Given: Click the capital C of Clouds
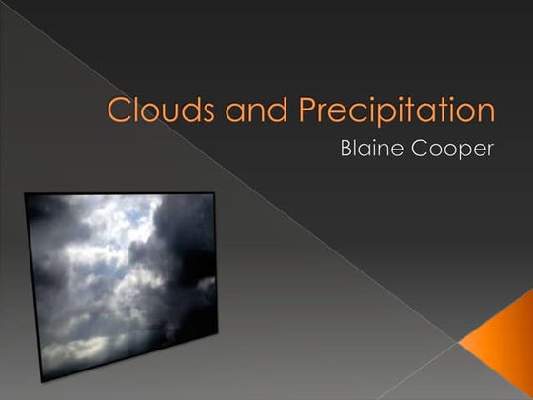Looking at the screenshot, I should pyautogui.click(x=119, y=110).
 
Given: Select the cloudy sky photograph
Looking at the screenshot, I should pyautogui.click(x=122, y=281).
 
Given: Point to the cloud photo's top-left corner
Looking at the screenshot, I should pyautogui.click(x=26, y=194).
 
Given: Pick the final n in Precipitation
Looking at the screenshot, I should pyautogui.click(x=486, y=111).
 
